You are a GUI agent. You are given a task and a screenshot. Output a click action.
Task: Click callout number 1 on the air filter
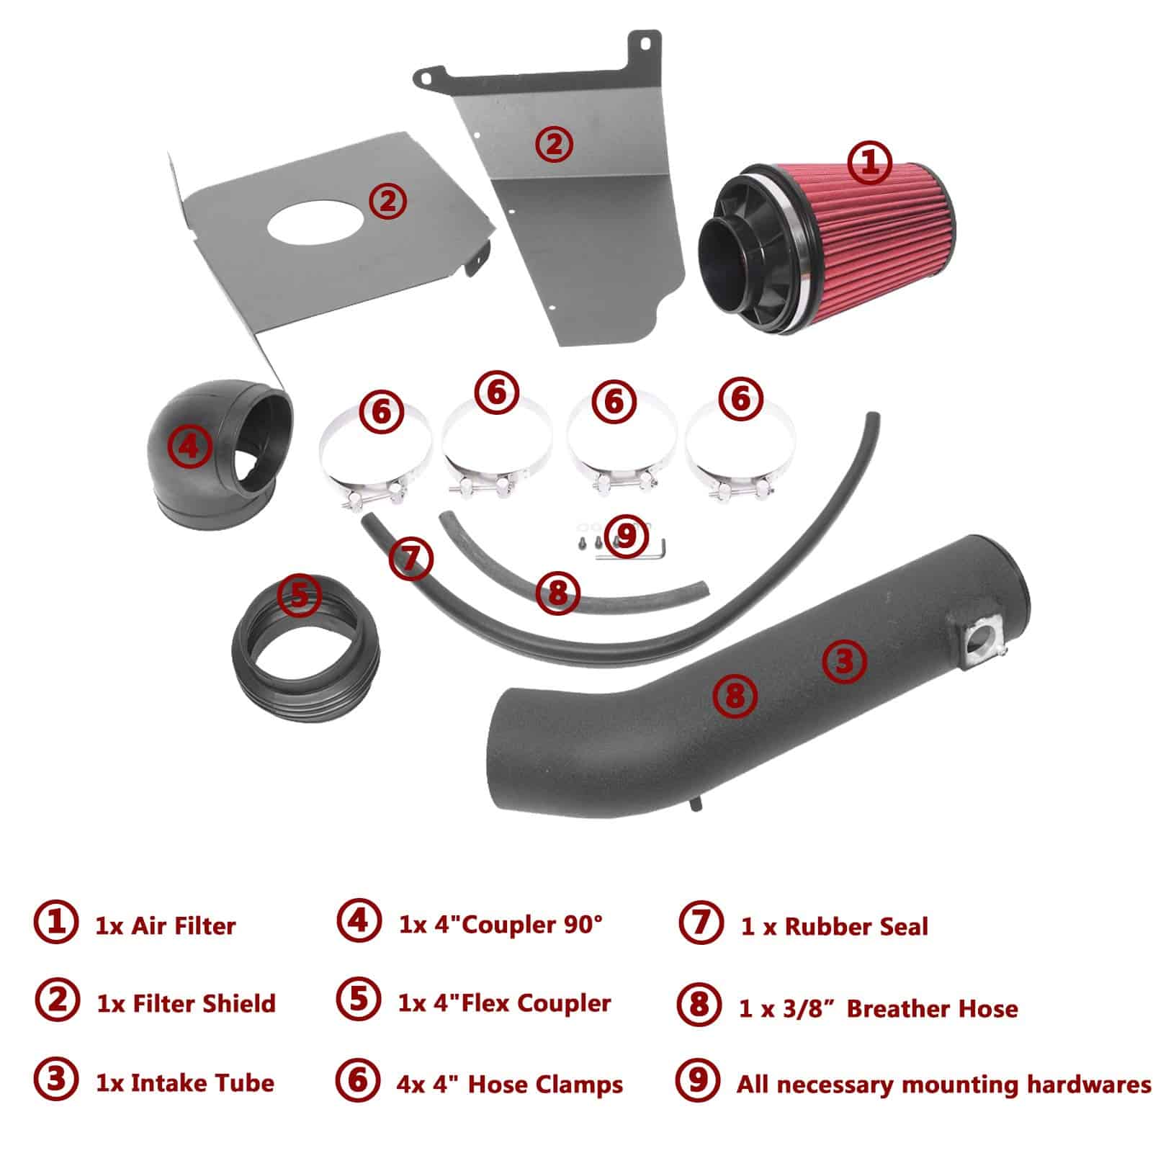click(870, 163)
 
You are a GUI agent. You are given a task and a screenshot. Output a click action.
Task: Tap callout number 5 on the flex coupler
click(300, 594)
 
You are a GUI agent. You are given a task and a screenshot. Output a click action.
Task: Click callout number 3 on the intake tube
click(844, 661)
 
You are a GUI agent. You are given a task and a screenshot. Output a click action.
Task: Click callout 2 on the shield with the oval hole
click(387, 201)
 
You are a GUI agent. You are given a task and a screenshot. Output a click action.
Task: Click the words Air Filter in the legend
click(183, 925)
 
